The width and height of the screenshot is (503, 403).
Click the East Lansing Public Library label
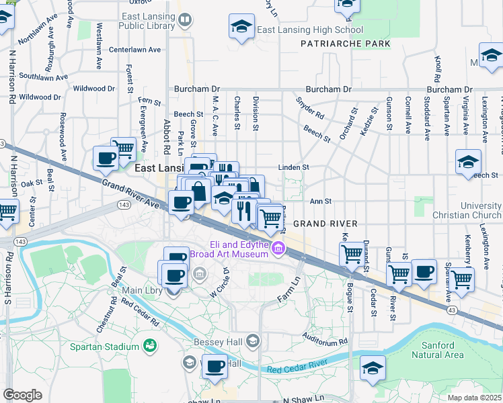pyautogui.click(x=147, y=20)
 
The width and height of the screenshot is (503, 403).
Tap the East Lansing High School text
pyautogui.click(x=310, y=30)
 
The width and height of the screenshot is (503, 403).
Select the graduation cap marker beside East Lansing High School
pyautogui.click(x=241, y=26)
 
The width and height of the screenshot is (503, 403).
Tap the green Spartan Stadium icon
pyautogui.click(x=149, y=346)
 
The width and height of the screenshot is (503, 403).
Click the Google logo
pyautogui.click(x=22, y=395)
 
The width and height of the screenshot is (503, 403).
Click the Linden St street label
pyautogui.click(x=294, y=167)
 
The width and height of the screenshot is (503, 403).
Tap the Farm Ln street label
pyautogui.click(x=288, y=284)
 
